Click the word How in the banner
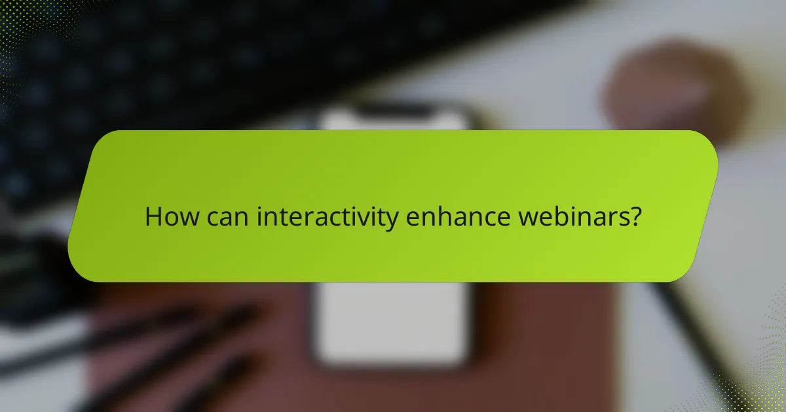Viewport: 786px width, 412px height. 171,216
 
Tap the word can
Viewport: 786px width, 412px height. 229,217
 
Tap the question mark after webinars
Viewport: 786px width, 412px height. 633,216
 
